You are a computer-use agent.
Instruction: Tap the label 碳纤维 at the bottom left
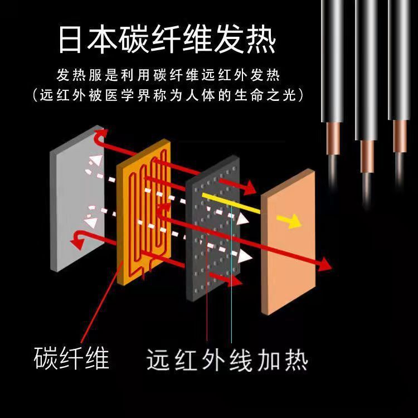pos(72,358)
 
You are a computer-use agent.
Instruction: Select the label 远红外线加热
pos(227,359)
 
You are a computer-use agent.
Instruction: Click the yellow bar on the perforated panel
pos(231,202)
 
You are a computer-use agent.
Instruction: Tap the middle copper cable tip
pos(367,155)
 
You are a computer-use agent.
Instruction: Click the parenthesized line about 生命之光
pos(168,95)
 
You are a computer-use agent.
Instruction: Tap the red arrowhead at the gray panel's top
pos(100,135)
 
